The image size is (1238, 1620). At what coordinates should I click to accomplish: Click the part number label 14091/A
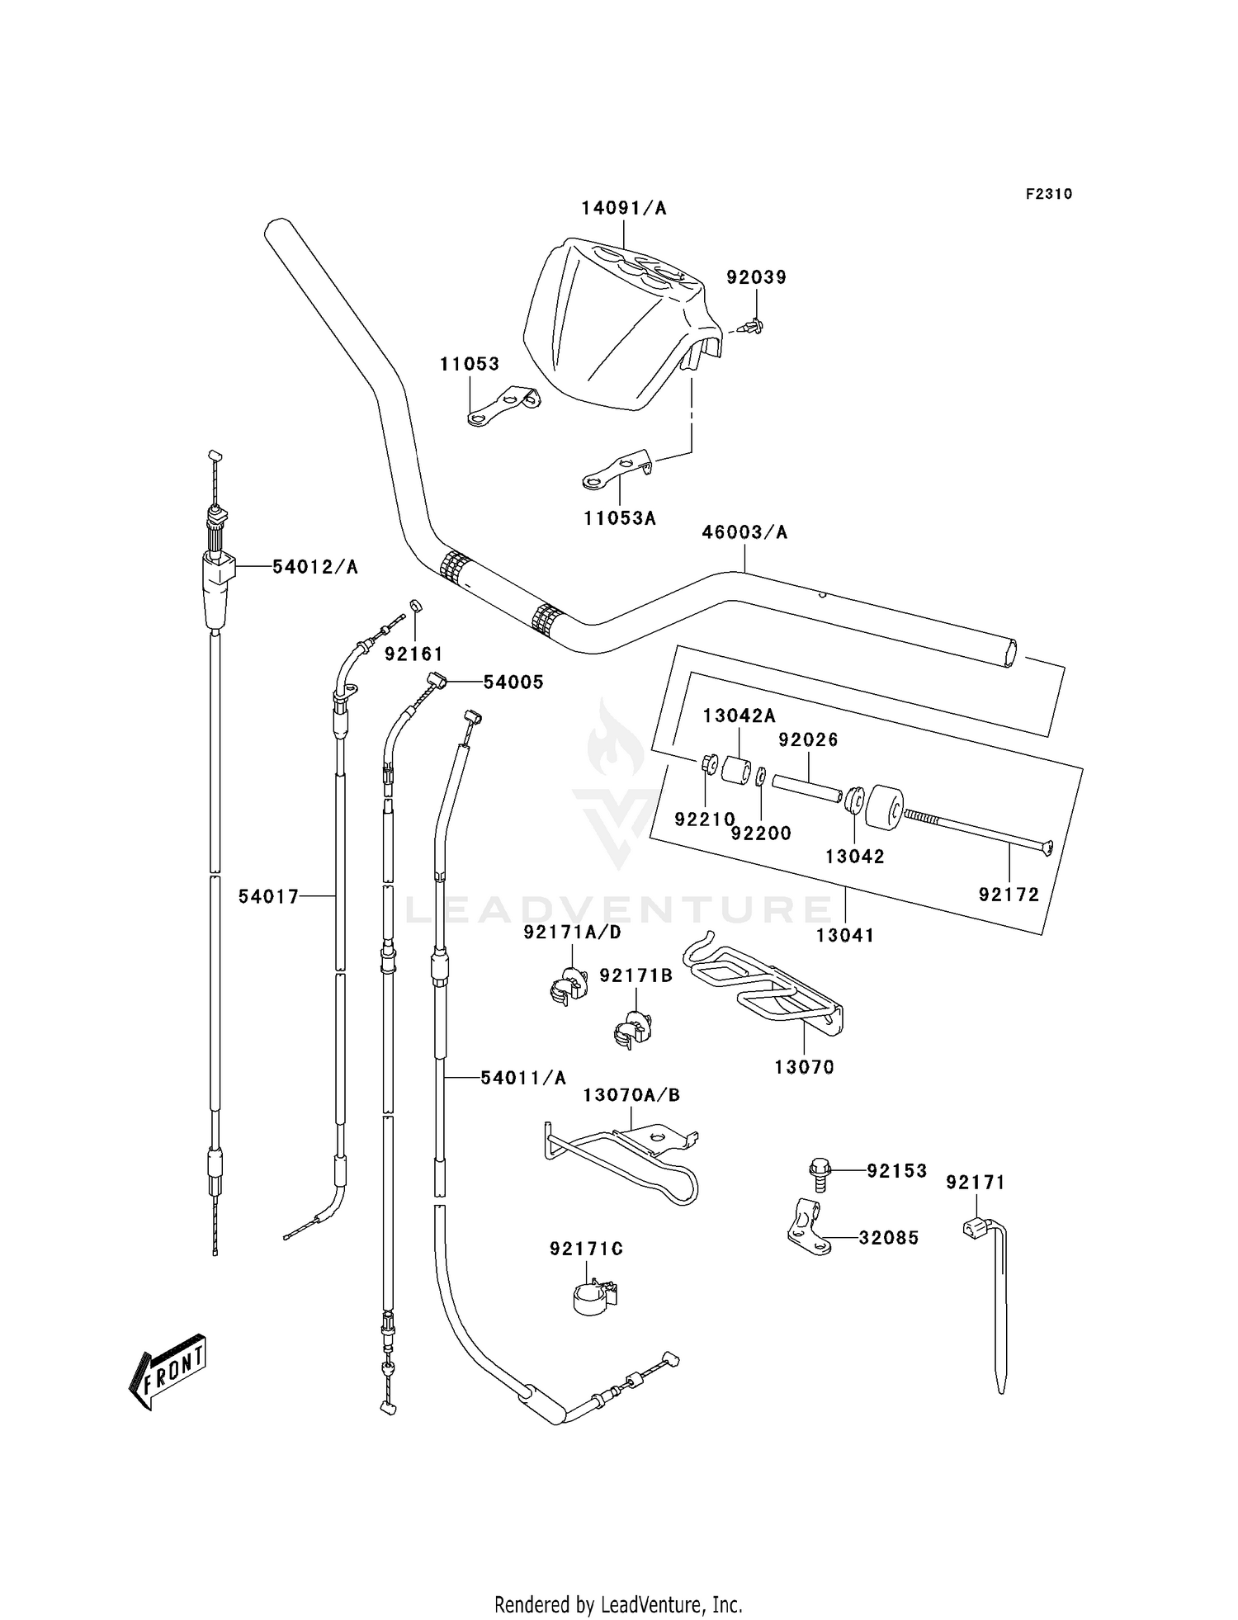click(x=623, y=208)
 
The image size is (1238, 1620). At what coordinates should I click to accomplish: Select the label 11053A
click(x=619, y=518)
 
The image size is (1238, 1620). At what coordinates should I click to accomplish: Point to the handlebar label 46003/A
click(x=744, y=532)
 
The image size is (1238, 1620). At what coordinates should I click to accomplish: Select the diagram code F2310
click(x=1049, y=194)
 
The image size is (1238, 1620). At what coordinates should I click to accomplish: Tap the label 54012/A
click(x=315, y=567)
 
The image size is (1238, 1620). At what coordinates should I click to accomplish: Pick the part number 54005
click(x=513, y=682)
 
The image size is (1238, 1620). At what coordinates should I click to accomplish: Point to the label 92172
click(x=1009, y=895)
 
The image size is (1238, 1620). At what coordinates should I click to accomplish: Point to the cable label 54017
click(x=268, y=896)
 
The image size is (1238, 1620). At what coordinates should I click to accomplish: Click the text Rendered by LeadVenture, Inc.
click(x=618, y=1604)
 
